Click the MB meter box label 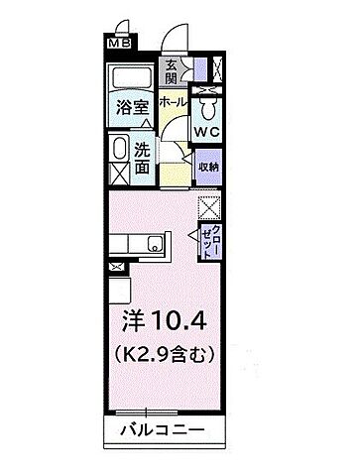118,44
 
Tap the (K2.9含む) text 166,353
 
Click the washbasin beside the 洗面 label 118,152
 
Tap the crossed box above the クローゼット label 208,208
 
